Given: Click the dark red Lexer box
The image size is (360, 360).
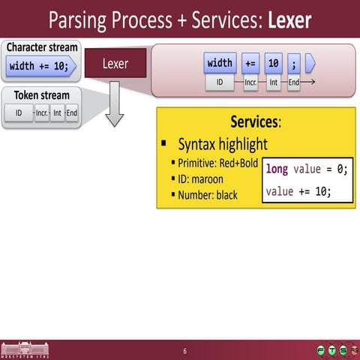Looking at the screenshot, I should pos(115,64).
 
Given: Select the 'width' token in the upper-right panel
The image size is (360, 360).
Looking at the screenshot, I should pos(220,63).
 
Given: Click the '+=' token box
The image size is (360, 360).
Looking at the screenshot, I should pos(250,63).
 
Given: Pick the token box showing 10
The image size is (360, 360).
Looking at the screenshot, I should pos(274,63).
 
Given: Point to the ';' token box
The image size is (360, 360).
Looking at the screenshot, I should pos(294,63).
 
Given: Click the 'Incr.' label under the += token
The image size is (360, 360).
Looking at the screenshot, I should pos(250,82).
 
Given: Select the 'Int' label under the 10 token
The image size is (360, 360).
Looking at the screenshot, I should pos(274,82).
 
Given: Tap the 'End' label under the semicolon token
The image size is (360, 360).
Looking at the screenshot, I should pos(294,82).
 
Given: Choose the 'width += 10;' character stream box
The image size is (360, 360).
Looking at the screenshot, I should pos(42,66).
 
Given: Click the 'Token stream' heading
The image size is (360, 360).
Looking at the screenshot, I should pos(42,96).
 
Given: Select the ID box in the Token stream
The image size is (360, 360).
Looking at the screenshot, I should pos(19,113).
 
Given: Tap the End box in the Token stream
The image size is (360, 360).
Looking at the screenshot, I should pos(72,113).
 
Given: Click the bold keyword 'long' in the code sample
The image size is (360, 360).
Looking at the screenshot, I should pos(277,169).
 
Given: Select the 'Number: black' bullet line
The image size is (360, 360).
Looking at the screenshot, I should pos(207,195).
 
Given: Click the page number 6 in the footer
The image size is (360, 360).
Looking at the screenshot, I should pos(185,351).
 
